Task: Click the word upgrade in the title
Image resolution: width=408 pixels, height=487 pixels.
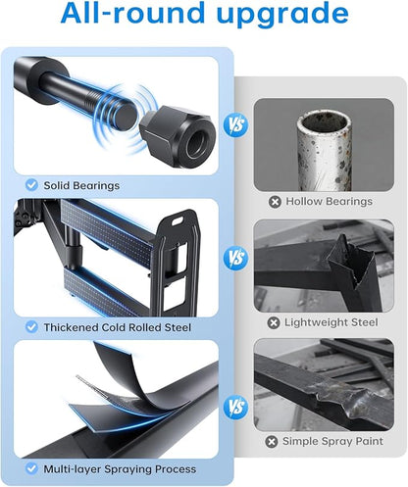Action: click(282, 14)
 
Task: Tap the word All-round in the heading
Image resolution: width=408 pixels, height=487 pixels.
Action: click(133, 13)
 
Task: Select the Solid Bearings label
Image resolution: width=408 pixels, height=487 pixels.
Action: click(81, 185)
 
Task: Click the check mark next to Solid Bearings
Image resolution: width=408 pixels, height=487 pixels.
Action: click(31, 185)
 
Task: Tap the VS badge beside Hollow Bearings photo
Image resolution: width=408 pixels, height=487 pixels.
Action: click(236, 125)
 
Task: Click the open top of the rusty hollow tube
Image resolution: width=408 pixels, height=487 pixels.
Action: click(324, 123)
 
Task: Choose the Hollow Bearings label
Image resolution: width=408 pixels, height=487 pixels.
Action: click(330, 202)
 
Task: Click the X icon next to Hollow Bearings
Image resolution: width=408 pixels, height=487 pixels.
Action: click(275, 202)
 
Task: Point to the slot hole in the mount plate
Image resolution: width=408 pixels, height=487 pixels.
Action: click(178, 221)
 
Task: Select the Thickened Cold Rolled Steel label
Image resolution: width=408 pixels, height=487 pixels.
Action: click(118, 327)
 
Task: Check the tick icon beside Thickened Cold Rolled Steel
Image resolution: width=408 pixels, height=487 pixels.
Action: click(31, 327)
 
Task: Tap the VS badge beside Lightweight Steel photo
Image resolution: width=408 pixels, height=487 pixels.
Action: click(236, 258)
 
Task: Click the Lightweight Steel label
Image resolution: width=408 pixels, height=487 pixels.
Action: click(331, 322)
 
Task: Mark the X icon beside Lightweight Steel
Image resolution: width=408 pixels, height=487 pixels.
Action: click(274, 323)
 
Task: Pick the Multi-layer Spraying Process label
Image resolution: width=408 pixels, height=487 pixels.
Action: click(120, 469)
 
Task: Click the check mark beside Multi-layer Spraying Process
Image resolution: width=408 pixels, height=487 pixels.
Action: click(31, 468)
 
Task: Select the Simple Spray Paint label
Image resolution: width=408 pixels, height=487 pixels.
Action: click(332, 441)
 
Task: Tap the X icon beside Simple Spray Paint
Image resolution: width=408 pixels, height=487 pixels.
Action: click(272, 442)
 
